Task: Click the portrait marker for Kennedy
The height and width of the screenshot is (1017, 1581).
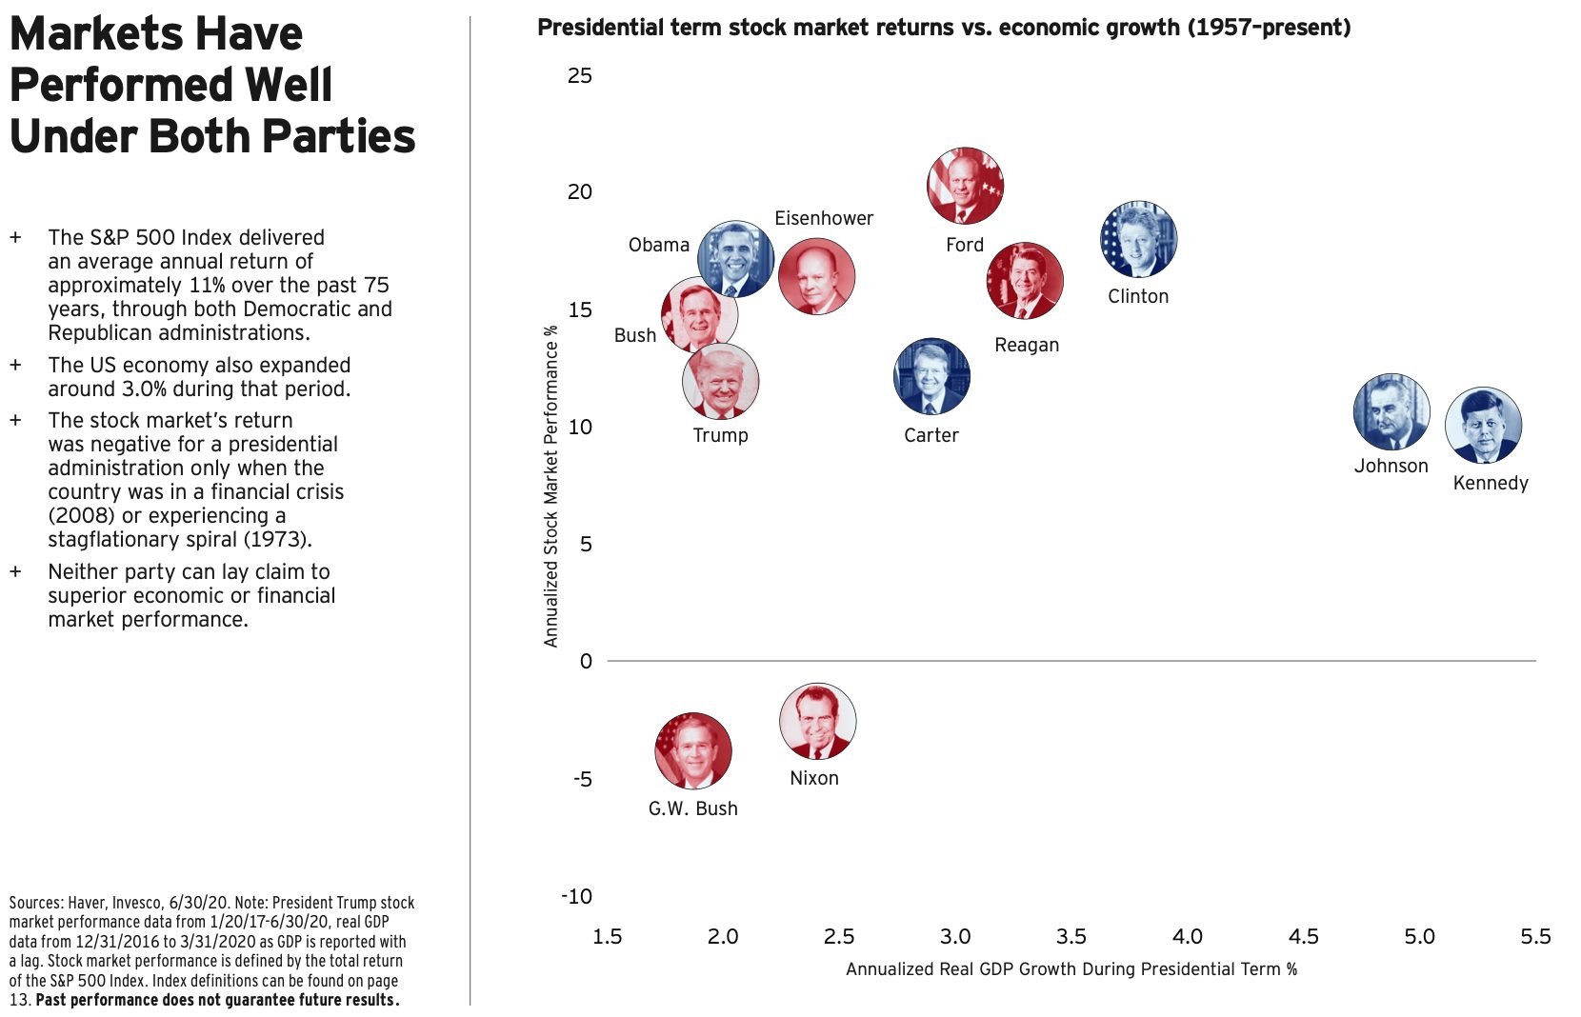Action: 1483,426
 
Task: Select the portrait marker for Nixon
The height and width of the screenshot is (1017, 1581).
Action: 817,721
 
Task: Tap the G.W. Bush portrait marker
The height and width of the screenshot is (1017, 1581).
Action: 693,750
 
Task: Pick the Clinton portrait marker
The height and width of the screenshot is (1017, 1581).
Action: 1138,240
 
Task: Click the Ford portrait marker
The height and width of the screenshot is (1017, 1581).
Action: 965,186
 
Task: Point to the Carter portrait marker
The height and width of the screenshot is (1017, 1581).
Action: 931,376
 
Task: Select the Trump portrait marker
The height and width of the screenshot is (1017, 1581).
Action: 721,381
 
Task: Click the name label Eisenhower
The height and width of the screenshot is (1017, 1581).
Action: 823,218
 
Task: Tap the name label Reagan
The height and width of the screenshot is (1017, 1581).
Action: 1026,345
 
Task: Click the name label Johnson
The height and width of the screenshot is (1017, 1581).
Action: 1391,466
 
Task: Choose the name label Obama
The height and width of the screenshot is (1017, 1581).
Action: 658,245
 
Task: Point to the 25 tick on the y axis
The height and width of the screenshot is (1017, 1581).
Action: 579,76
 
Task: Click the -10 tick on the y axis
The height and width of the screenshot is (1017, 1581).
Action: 576,896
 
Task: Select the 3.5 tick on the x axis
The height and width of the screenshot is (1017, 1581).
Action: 1071,937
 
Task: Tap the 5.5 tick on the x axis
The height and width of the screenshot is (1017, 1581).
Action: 1534,937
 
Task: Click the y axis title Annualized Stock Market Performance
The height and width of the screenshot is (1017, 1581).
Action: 550,486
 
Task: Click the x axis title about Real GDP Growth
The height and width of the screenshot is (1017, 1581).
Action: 1071,969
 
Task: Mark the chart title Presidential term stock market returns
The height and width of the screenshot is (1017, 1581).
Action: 943,28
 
